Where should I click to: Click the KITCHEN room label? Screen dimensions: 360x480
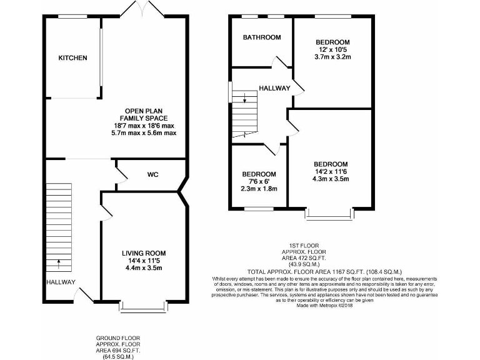click(72, 58)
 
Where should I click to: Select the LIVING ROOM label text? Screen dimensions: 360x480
click(143, 252)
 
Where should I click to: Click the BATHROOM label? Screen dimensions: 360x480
click(262, 37)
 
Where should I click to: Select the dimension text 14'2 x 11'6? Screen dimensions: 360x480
click(331, 172)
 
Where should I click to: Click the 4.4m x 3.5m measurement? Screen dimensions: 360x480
click(143, 268)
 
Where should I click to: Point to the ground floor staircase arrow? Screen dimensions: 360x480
click(59, 263)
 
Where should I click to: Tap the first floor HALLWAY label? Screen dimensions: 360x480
click(274, 88)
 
